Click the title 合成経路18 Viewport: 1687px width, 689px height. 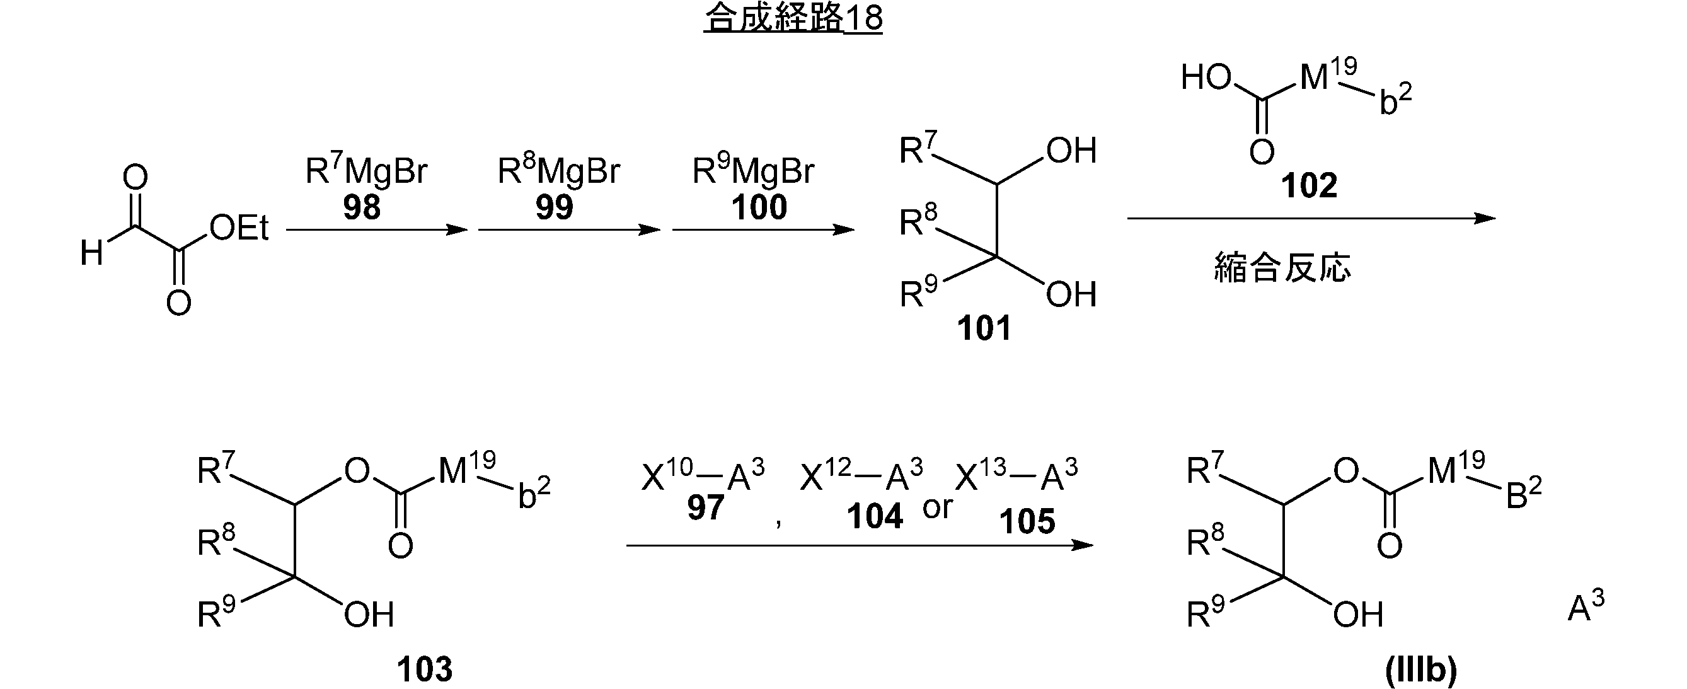(793, 18)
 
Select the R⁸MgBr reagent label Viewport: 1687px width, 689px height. (558, 170)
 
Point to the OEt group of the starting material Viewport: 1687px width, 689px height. (238, 228)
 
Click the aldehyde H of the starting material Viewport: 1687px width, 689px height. (91, 253)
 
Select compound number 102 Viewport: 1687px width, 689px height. (1308, 185)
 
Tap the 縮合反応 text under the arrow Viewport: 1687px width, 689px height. (1282, 268)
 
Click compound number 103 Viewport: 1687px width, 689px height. (424, 669)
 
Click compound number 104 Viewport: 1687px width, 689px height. (874, 516)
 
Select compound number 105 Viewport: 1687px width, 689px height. (1027, 521)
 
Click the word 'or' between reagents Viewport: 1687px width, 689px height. (937, 507)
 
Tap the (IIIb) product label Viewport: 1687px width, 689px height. (1420, 669)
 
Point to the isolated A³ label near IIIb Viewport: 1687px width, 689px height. (1586, 608)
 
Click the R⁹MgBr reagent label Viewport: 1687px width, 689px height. (752, 170)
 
